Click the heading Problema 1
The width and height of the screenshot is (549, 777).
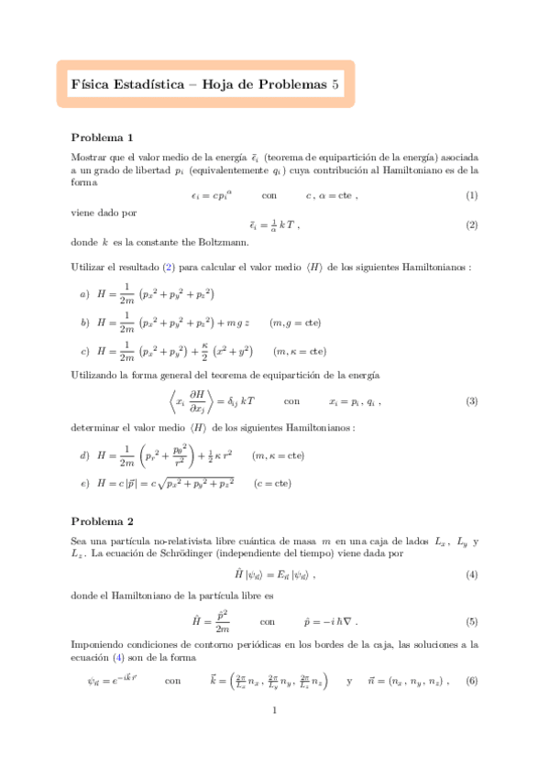pyautogui.click(x=102, y=137)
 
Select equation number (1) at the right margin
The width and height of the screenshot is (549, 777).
pyautogui.click(x=471, y=195)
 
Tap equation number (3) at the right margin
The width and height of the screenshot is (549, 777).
pyautogui.click(x=471, y=401)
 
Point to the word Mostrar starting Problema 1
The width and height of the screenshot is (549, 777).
pyautogui.click(x=87, y=158)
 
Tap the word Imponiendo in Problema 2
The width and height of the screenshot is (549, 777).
pyautogui.click(x=100, y=645)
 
